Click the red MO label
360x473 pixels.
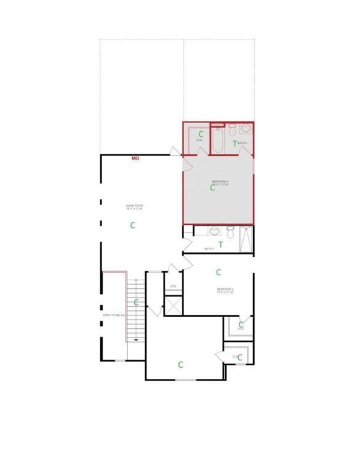point(135,158)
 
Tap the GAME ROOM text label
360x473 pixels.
point(134,208)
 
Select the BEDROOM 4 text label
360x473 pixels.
point(220,182)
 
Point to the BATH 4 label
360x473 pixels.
point(242,143)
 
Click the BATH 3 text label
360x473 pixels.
point(209,249)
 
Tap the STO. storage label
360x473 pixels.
point(174,286)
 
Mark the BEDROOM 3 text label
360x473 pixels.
point(225,291)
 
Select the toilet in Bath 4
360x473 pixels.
point(233,129)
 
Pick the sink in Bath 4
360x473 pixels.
point(245,129)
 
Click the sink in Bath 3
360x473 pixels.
point(214,232)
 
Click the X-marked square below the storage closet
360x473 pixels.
point(174,305)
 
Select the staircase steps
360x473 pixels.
point(137,308)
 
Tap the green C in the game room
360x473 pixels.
point(132,225)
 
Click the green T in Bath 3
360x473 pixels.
point(220,245)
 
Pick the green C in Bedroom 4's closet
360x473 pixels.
point(201,134)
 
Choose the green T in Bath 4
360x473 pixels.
point(234,144)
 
